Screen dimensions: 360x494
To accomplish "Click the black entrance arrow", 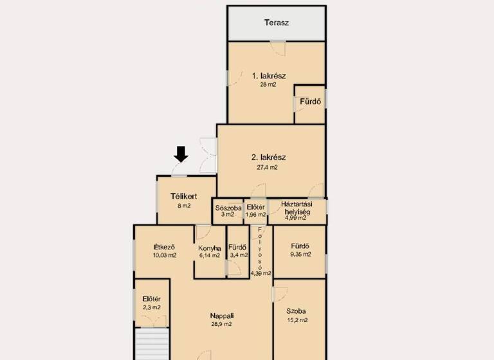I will (181, 154).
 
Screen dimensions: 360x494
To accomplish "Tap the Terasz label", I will (277, 23).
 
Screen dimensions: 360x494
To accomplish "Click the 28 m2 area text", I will (268, 85).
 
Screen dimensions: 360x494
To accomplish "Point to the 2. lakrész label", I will (268, 157).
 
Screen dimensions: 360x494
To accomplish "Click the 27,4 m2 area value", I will (268, 167).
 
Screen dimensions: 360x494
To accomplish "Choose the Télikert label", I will (183, 197).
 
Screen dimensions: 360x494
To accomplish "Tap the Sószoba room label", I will (228, 208).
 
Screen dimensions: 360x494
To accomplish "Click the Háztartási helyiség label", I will (297, 208).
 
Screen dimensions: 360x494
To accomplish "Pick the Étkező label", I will (165, 247).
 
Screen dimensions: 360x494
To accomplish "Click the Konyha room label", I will (210, 248).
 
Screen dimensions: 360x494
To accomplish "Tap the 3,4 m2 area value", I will (238, 255).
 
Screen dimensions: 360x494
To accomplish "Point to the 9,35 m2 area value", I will (300, 255).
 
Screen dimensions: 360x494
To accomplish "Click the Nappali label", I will (222, 316).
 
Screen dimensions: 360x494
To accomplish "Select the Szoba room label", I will (297, 311).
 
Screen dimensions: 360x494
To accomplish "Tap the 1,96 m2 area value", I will (256, 215).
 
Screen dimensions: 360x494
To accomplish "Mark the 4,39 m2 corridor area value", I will (261, 273).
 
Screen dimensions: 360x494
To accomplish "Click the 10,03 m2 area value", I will (165, 255).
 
